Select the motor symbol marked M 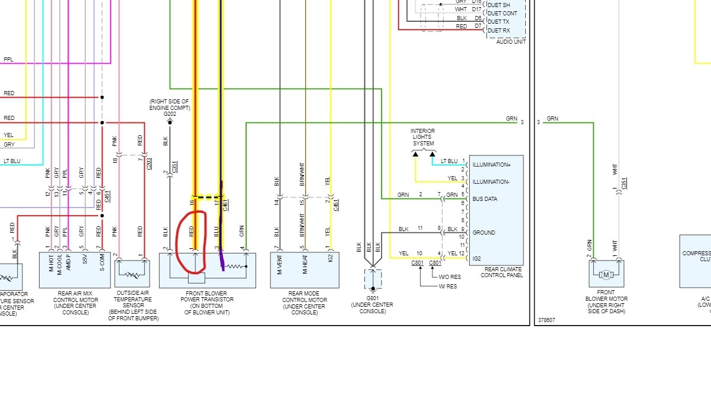click(606, 275)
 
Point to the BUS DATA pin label click(484, 199)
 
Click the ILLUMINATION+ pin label click(491, 165)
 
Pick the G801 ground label click(373, 298)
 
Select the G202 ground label click(170, 113)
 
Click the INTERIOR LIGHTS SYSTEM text click(423, 137)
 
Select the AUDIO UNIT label click(512, 41)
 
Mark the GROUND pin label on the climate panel click(484, 233)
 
